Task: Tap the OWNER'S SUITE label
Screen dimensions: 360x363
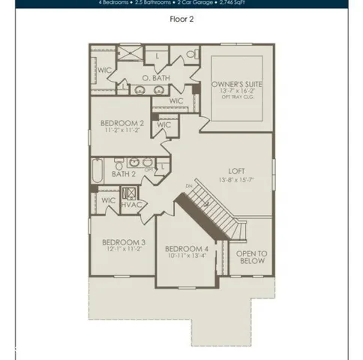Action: tap(235, 85)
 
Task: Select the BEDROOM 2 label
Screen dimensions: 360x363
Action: tap(122, 122)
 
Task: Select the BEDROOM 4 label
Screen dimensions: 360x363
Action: tap(186, 248)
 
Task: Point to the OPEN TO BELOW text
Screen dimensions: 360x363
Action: tap(251, 258)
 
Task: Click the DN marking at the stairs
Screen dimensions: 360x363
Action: tap(190, 187)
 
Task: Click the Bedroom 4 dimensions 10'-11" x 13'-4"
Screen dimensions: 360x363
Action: tap(186, 256)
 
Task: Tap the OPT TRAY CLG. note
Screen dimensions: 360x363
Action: tap(235, 97)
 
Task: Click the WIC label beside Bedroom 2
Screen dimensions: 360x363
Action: tap(164, 125)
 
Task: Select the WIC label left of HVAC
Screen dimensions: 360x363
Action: tap(108, 200)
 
